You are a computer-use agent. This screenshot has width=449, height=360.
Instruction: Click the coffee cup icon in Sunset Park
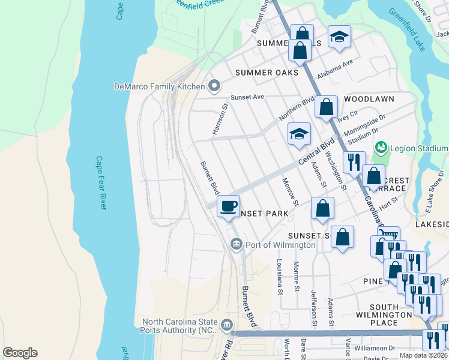pyautogui.click(x=228, y=207)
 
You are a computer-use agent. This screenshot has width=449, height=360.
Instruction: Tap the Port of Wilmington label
pyautogui.click(x=280, y=245)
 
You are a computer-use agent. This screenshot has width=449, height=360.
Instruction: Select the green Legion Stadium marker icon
pyautogui.click(x=380, y=148)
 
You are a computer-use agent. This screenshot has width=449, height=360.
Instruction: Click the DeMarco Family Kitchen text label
pyautogui.click(x=159, y=86)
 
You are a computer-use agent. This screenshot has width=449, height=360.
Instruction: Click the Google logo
pyautogui.click(x=20, y=353)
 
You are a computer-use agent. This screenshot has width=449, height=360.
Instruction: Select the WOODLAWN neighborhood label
pyautogui.click(x=369, y=99)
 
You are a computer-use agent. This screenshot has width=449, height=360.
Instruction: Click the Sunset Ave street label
pyautogui.click(x=248, y=97)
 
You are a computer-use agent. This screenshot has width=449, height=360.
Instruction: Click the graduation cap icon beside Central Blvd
pyautogui.click(x=299, y=134)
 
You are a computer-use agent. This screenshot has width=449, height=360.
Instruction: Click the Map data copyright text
pyautogui.click(x=422, y=355)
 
